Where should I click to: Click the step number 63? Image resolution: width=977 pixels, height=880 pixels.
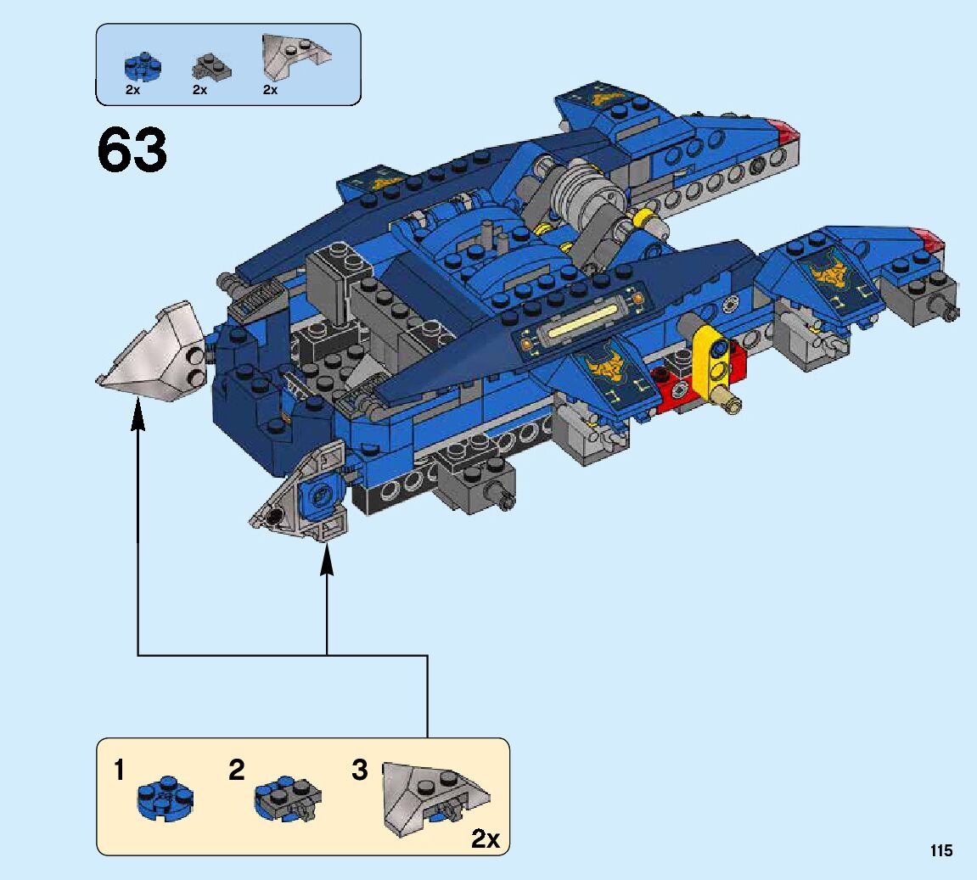point(132,150)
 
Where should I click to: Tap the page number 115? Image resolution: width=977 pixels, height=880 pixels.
point(941,851)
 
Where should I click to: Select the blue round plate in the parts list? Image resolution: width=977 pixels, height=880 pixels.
point(137,66)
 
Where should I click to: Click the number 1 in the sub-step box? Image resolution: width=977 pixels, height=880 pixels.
point(120,771)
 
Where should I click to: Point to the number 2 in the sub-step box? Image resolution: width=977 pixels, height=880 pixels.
point(236,771)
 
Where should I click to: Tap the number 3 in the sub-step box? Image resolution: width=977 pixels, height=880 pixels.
point(360,771)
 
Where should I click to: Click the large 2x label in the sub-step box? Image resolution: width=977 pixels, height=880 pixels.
point(486,839)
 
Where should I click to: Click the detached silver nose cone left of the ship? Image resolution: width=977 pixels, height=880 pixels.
point(153,350)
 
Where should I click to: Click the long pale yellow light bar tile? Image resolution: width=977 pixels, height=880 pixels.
point(587,322)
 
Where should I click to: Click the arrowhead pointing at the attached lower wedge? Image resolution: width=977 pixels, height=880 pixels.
point(327,563)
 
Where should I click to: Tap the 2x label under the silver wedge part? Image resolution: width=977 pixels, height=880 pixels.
point(270,90)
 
